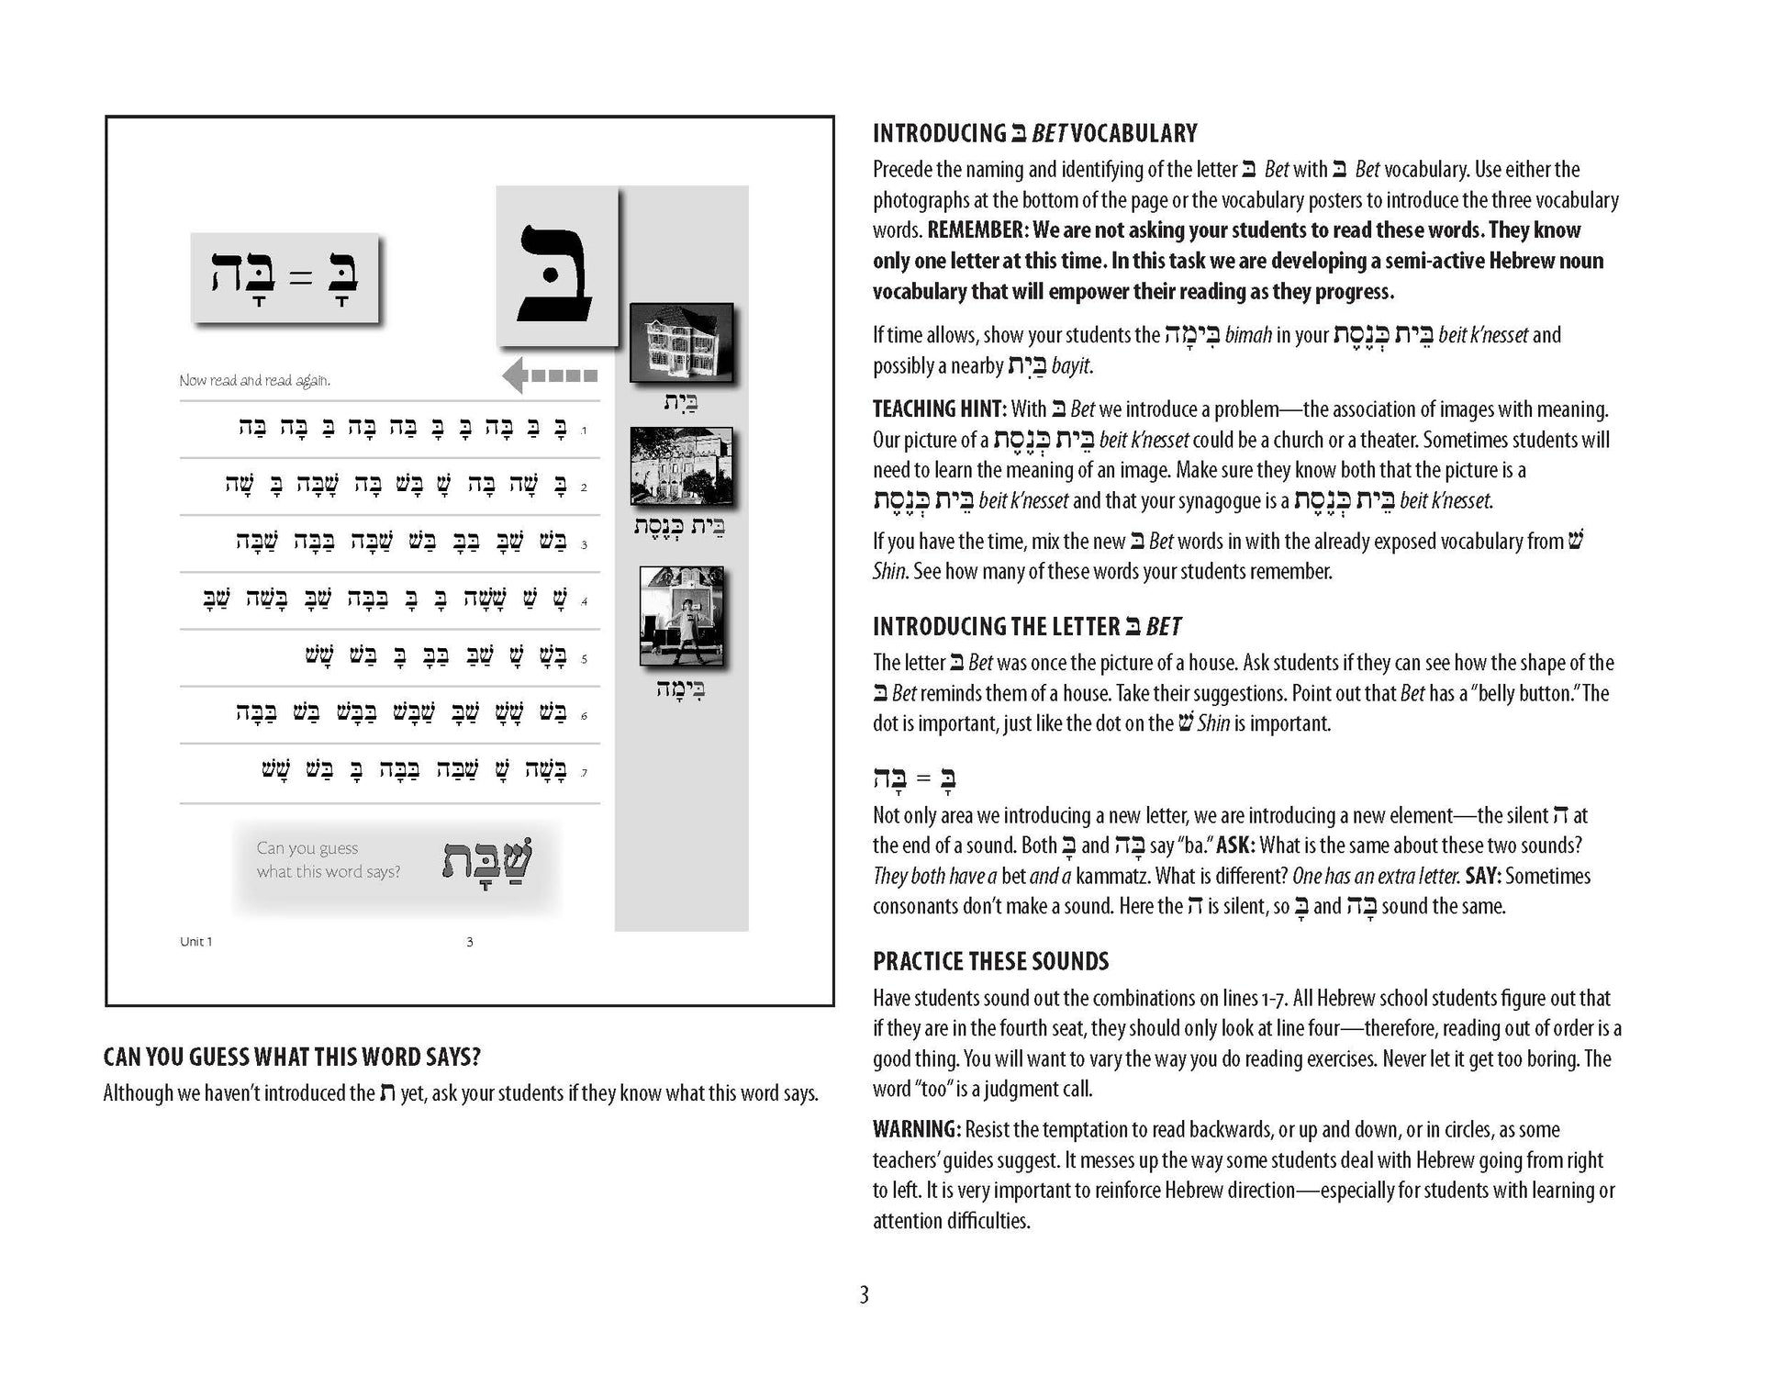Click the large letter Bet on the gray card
pyautogui.click(x=555, y=273)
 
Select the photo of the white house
pyautogui.click(x=681, y=341)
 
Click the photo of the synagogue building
pyautogui.click(x=681, y=466)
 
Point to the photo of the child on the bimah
pyautogui.click(x=681, y=616)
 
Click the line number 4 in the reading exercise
pyautogui.click(x=585, y=602)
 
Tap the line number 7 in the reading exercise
pyautogui.click(x=585, y=773)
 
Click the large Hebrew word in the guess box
pyautogui.click(x=487, y=861)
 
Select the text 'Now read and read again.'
pyautogui.click(x=255, y=380)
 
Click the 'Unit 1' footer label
pyautogui.click(x=195, y=942)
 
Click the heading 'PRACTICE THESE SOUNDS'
pyautogui.click(x=990, y=961)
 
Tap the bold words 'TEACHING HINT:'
pyautogui.click(x=939, y=409)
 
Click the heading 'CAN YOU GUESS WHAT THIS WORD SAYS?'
pyautogui.click(x=292, y=1057)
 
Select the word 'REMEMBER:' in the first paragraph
pyautogui.click(x=975, y=229)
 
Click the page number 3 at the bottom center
pyautogui.click(x=863, y=1295)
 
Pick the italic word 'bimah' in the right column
pyautogui.click(x=1247, y=335)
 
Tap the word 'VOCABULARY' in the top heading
pyautogui.click(x=1133, y=134)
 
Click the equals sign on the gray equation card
pyautogui.click(x=300, y=277)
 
